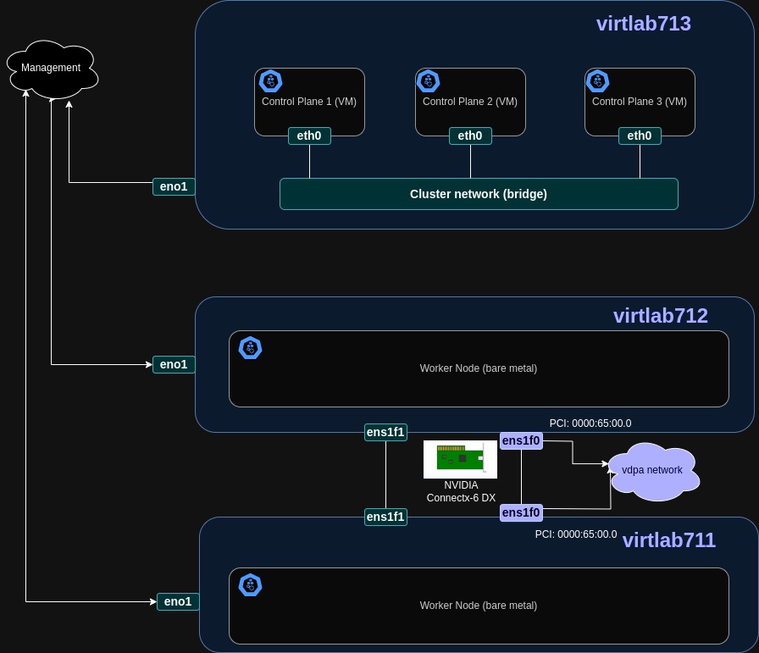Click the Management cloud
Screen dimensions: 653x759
tap(52, 69)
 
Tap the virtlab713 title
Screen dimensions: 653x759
tap(643, 24)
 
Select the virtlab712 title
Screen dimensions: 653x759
tap(660, 316)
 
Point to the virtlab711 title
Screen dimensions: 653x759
tap(668, 540)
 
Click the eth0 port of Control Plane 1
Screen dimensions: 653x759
tap(309, 136)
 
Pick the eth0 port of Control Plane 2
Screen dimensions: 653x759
tap(470, 136)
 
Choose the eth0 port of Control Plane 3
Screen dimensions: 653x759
tap(640, 136)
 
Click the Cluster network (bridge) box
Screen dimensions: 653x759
tap(479, 194)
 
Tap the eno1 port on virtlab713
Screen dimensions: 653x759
tap(174, 186)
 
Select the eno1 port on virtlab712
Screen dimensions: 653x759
tap(174, 364)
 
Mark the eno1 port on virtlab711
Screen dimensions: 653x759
tap(178, 601)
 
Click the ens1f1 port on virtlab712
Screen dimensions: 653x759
tap(385, 432)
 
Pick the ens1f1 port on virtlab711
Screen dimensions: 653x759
tap(385, 517)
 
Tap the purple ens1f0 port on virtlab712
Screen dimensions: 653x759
tap(521, 440)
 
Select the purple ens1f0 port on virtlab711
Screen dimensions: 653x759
tap(521, 512)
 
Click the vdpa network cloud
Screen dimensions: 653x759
tap(653, 470)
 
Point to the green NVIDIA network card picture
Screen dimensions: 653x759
tap(460, 458)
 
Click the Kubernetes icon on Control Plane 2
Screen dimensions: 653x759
tap(429, 81)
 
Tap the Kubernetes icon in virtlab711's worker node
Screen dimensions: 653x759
tap(250, 585)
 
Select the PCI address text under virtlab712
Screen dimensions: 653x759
tap(590, 423)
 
